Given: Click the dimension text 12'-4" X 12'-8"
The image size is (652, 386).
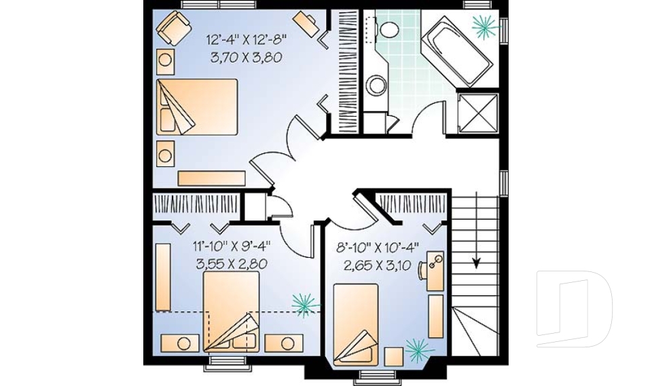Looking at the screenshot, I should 247,40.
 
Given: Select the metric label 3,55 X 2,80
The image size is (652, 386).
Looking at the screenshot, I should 231,263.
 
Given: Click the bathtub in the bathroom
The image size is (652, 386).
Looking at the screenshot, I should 456,52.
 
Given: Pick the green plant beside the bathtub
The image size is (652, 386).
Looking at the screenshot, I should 485,25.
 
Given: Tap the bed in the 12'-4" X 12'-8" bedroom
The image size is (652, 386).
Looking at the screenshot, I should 197,107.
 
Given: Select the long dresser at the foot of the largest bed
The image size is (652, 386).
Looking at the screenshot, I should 211,178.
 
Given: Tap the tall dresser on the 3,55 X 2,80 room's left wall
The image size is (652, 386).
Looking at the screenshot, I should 163,278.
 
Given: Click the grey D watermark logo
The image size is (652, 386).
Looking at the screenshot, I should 574,309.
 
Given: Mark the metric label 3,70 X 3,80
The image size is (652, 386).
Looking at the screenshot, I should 247,58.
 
